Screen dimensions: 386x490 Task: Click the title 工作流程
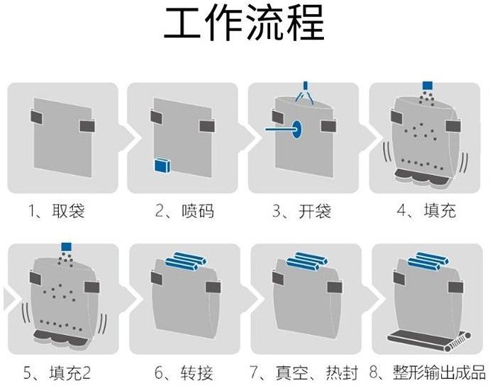click(x=245, y=25)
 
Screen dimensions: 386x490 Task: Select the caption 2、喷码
click(x=183, y=211)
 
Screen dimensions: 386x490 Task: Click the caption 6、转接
click(x=183, y=373)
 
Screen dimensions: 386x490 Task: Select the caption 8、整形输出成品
click(x=428, y=373)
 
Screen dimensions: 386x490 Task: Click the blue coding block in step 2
click(x=162, y=166)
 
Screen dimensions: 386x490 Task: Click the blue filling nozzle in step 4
click(x=428, y=86)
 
